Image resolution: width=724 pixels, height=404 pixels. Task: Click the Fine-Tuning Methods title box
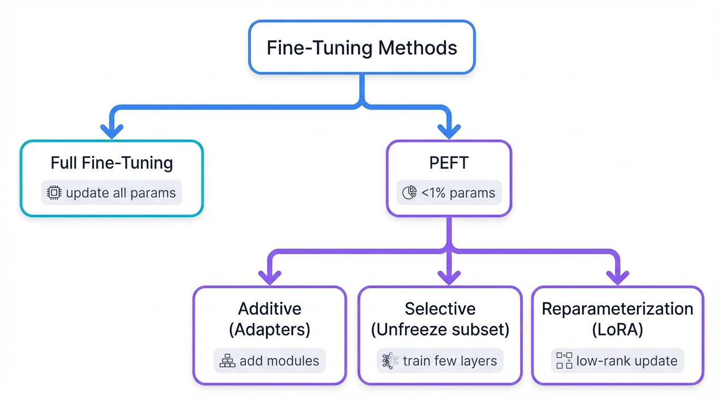[361, 47]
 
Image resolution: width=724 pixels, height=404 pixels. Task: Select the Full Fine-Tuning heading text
[112, 163]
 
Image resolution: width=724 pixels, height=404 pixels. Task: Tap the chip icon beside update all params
[54, 193]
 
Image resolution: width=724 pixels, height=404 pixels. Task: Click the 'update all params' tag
[112, 193]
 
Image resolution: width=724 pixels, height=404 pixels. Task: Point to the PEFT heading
[448, 163]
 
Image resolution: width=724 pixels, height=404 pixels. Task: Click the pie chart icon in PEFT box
[409, 193]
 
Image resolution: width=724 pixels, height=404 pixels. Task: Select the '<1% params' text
[458, 193]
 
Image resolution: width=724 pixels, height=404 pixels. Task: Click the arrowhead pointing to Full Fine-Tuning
[112, 130]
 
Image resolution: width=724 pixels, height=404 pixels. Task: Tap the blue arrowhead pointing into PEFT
[448, 130]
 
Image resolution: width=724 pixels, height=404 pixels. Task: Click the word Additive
[269, 309]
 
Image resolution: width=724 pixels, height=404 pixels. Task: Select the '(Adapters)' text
[269, 330]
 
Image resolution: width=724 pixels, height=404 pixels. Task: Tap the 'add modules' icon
[227, 361]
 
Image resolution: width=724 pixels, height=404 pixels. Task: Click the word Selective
[440, 309]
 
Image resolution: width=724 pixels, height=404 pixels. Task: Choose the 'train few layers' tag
[440, 361]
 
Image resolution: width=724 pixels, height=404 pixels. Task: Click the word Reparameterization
[617, 309]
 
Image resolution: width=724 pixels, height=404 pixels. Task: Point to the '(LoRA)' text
[617, 330]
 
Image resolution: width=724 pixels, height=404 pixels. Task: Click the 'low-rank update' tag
[617, 361]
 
